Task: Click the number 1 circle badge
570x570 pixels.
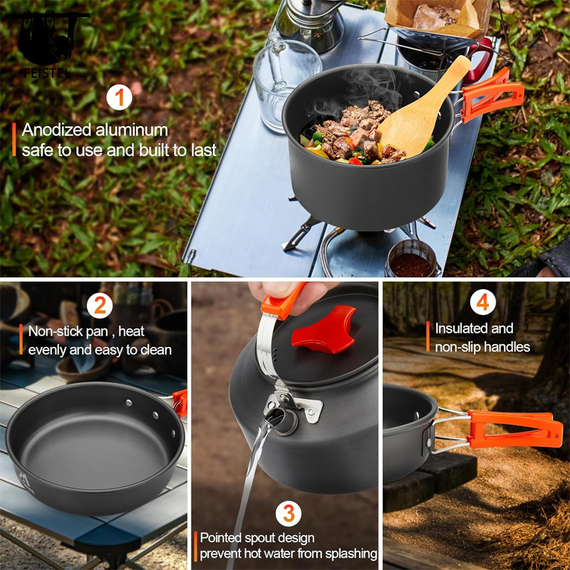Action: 120,97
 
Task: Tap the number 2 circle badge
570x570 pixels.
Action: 100,306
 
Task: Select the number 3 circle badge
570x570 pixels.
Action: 288,513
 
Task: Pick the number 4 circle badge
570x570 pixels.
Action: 483,302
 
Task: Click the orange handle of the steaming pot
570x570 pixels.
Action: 490,98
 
